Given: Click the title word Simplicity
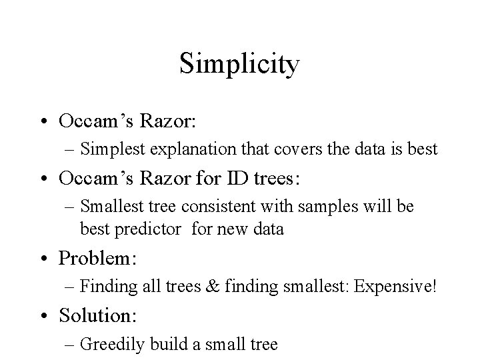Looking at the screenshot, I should [x=240, y=65].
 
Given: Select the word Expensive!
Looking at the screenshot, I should [x=396, y=287].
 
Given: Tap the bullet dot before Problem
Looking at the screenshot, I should [x=45, y=259].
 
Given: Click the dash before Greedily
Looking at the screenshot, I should [x=71, y=345].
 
